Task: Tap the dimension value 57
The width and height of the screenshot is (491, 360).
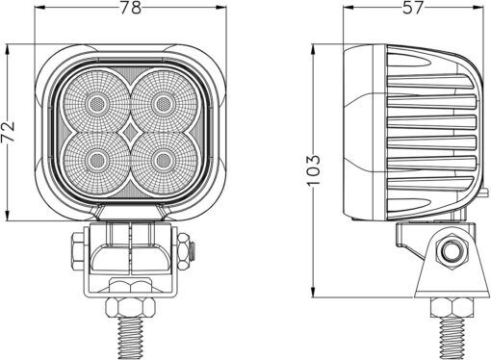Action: (412, 10)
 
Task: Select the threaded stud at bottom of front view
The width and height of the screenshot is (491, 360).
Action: (129, 340)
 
